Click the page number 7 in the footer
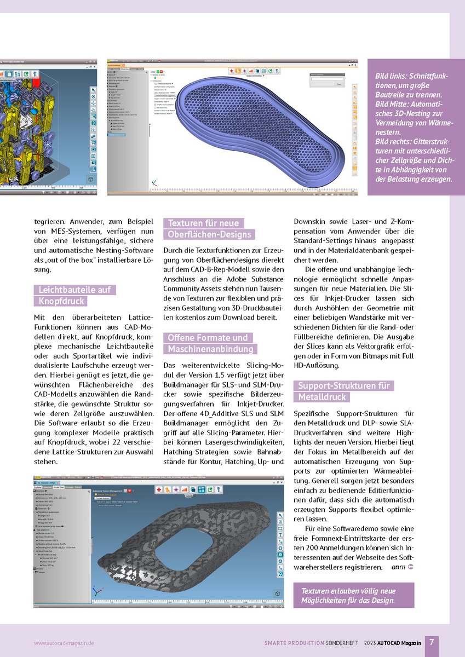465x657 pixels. pos(432,642)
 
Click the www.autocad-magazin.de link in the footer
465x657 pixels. pos(64,643)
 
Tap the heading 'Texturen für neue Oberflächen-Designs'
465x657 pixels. pos(210,229)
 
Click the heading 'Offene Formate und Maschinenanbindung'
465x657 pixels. pos(210,343)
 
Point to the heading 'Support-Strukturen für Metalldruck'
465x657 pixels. pos(343,391)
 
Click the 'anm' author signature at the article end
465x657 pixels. pos(398,567)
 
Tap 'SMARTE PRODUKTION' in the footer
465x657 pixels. pos(292,643)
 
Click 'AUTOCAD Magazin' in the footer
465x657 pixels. pos(401,643)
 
